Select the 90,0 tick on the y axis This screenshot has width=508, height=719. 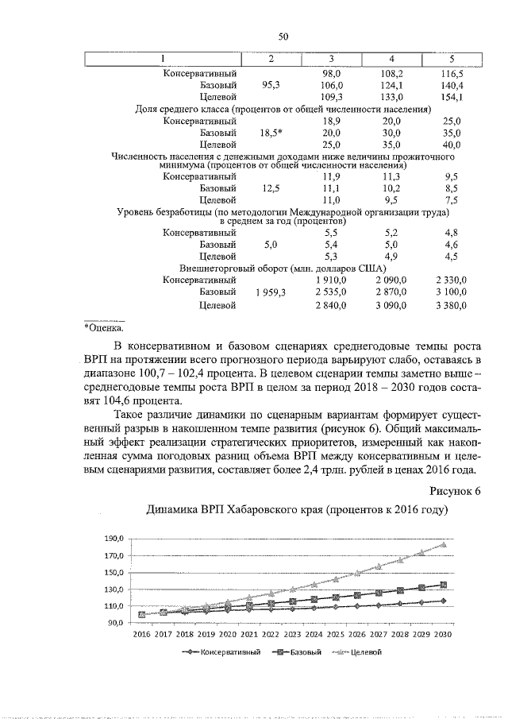tap(114, 623)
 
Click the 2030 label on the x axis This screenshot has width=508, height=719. tap(443, 636)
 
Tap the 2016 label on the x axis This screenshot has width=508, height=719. tap(141, 636)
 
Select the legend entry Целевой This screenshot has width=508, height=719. tap(367, 652)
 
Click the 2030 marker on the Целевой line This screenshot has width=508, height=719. tap(443, 544)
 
